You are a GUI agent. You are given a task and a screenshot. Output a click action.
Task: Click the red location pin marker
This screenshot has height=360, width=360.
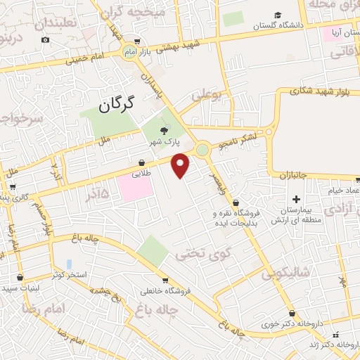tap(181, 165)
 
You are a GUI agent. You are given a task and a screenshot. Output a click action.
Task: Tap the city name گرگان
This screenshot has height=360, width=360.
tap(116, 106)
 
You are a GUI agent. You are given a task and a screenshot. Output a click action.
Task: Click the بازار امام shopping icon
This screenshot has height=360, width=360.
tap(137, 41)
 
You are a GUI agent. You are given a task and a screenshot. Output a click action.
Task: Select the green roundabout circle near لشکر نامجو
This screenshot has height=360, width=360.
tap(203, 149)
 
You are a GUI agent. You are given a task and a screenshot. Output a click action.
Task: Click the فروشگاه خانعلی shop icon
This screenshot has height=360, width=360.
tap(164, 279)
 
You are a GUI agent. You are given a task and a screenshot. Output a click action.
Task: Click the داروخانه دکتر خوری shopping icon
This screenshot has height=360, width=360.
tap(292, 314)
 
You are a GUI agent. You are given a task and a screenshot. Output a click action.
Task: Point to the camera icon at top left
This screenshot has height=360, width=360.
tap(46, 40)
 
